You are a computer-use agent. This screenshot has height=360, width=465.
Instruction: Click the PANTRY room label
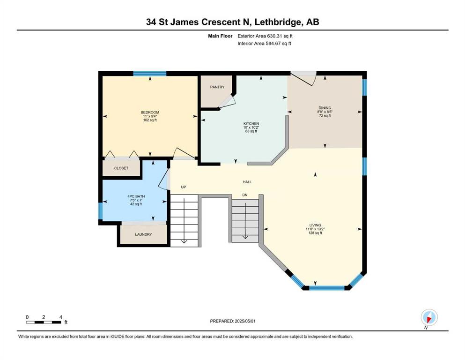pos(217,87)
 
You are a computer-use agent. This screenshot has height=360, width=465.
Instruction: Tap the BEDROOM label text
pos(150,112)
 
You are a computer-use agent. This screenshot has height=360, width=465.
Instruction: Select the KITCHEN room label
pos(251,123)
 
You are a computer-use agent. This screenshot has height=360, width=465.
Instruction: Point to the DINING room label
pos(325,108)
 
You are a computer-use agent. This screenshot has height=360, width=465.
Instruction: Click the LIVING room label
pos(315,225)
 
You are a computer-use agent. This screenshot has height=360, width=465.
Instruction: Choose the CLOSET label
pos(121,168)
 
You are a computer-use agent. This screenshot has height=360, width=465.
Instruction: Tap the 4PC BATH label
pos(136,196)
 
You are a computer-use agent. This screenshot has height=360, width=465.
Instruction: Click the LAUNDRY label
pos(144,234)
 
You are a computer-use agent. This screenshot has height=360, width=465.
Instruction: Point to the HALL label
pos(247,182)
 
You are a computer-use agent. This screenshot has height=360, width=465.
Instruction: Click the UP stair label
pos(184,187)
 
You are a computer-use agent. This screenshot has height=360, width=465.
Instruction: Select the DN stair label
pos(244,195)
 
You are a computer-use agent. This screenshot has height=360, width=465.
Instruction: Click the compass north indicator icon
pos(429,317)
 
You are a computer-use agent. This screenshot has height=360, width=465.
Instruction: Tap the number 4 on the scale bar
pos(61,317)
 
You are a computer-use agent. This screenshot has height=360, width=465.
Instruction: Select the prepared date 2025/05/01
pos(245,321)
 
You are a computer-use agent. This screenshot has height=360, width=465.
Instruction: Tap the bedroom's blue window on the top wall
pos(149,74)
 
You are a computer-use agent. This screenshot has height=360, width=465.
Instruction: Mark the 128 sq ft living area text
pos(315,233)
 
